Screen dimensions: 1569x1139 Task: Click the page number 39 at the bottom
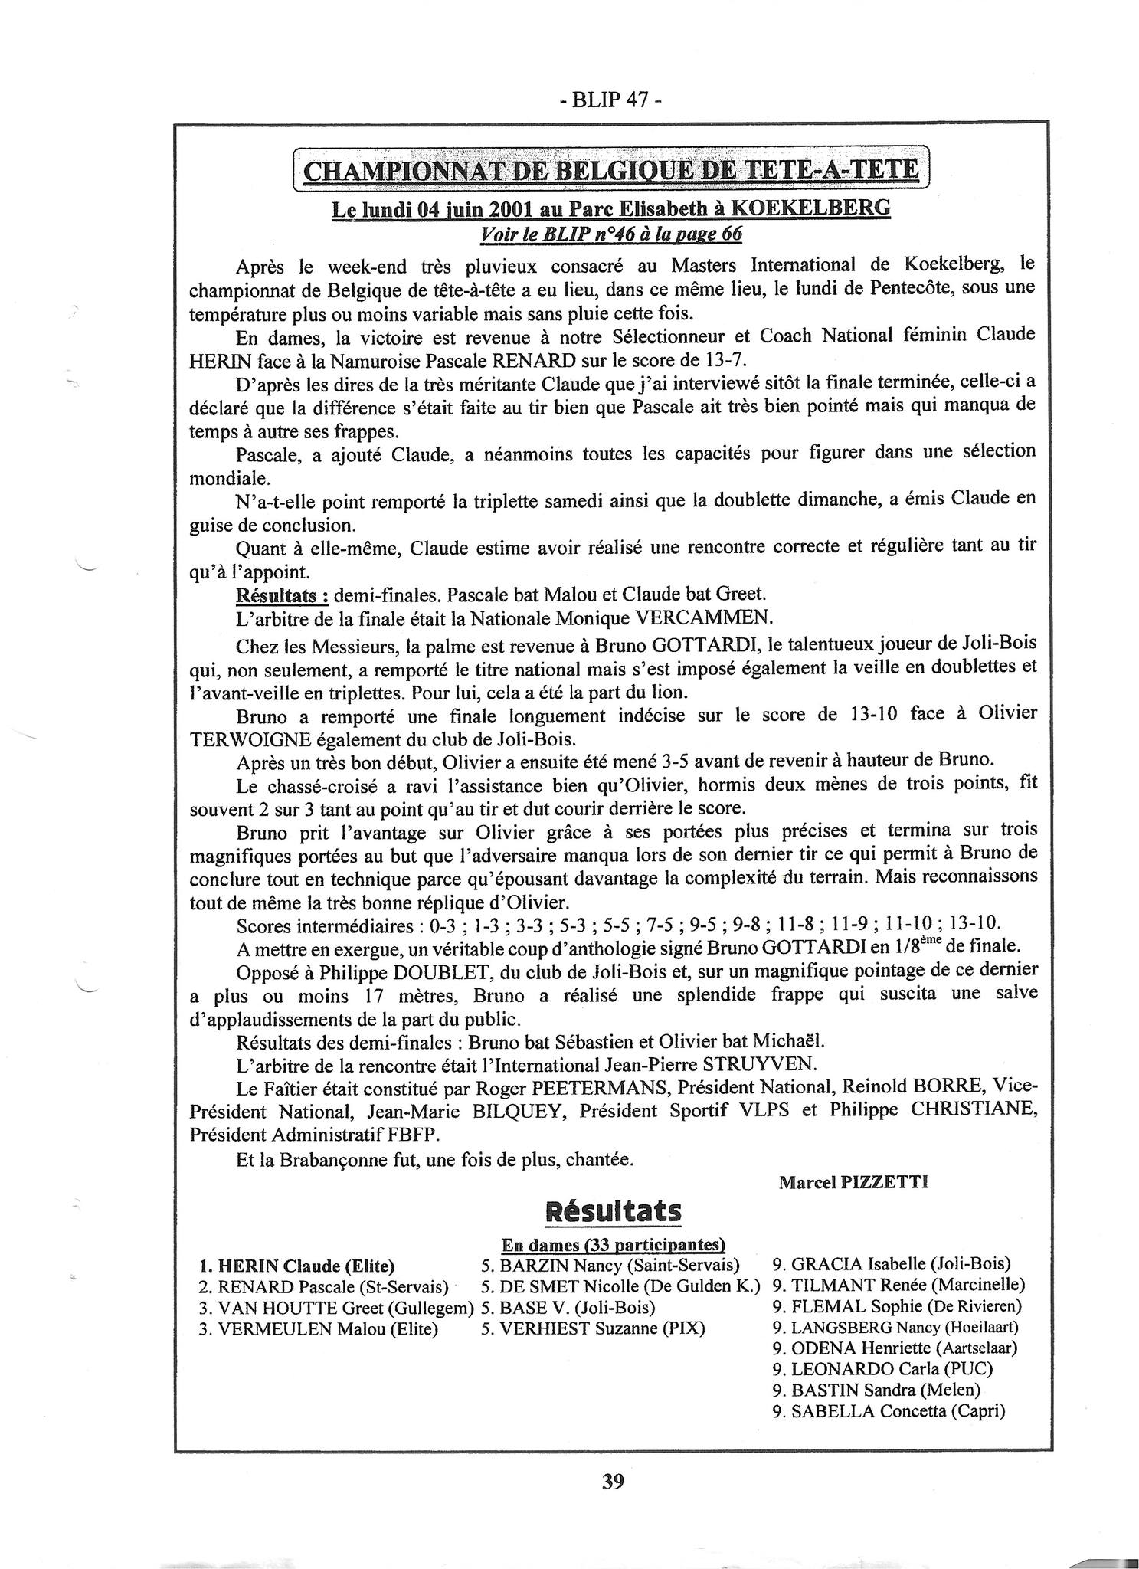[x=613, y=1481]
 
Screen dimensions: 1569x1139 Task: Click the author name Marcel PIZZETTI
[x=853, y=1182]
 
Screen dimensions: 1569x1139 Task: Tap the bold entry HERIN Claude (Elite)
[x=297, y=1266]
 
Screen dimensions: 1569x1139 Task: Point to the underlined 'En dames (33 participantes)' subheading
[x=613, y=1244]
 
